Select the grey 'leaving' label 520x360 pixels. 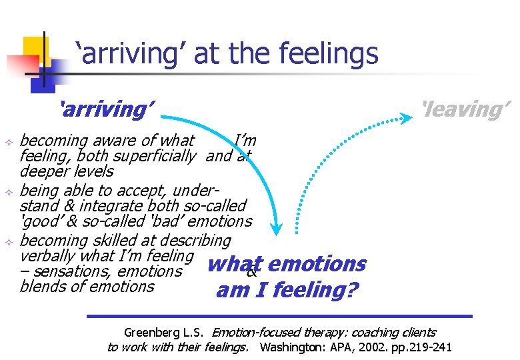(x=464, y=108)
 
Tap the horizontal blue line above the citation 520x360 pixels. (x=280, y=315)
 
